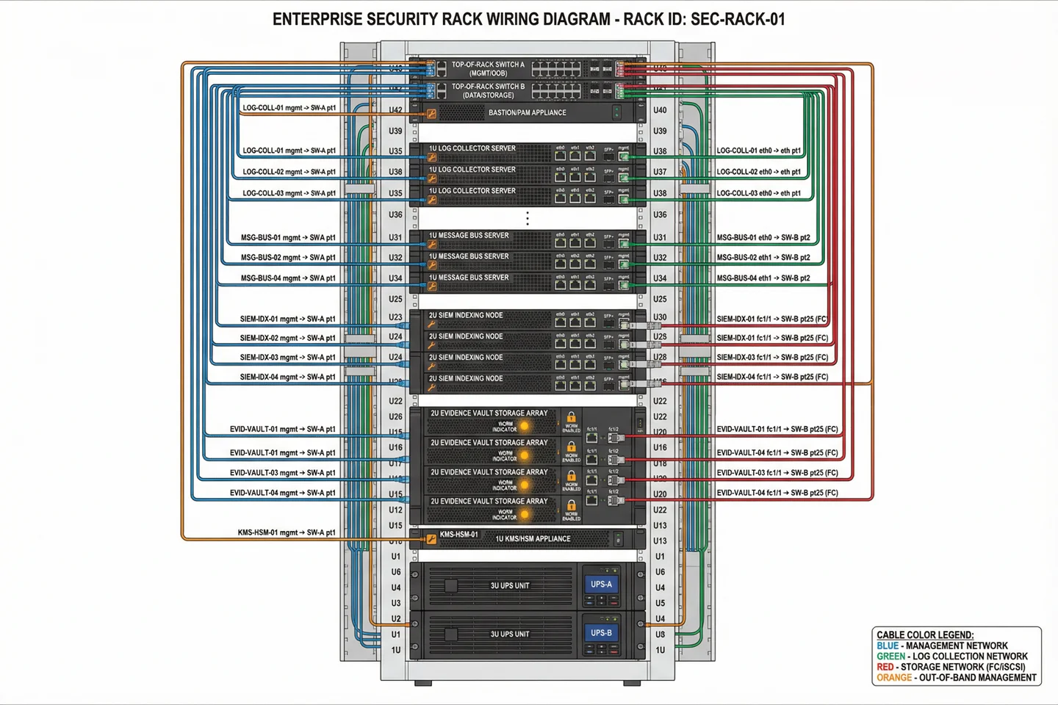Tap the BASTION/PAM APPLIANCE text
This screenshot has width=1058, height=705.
point(527,112)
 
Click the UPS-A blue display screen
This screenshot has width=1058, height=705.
point(601,585)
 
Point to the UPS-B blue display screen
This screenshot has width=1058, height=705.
point(601,633)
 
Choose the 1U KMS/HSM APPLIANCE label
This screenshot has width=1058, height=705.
point(533,539)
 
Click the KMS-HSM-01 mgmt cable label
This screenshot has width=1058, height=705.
point(287,532)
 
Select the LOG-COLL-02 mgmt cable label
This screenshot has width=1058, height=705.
point(289,172)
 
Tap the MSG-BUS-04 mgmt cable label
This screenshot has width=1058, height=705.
point(288,278)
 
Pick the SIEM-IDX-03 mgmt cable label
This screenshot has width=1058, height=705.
point(287,358)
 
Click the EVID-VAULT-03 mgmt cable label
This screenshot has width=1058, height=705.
point(282,473)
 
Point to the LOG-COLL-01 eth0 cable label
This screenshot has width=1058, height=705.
point(758,151)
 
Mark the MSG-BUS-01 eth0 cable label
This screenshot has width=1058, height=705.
point(763,238)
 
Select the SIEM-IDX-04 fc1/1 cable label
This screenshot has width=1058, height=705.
point(772,377)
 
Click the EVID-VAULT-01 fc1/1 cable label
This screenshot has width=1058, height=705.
point(777,429)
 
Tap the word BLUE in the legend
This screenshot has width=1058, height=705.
point(888,646)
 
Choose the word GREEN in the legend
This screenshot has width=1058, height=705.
point(890,657)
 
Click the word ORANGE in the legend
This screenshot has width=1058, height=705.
point(894,678)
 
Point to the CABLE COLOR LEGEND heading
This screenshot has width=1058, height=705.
point(925,635)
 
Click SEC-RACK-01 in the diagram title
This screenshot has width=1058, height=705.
point(738,19)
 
